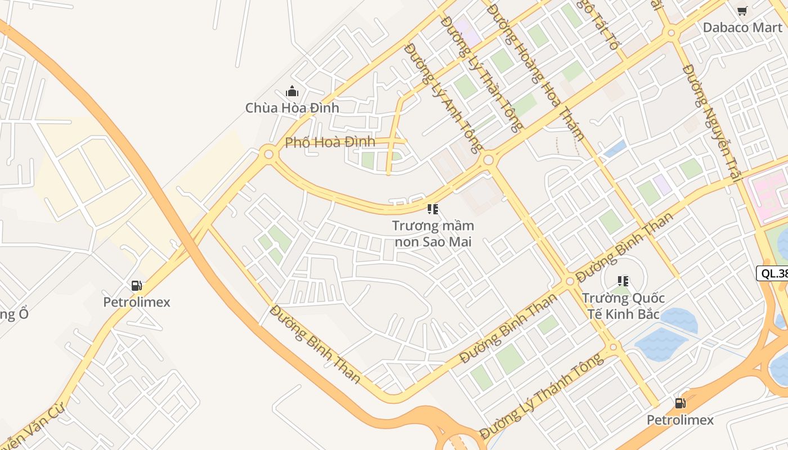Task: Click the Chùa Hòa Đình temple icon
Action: pos(292,91)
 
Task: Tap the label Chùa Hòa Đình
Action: pos(292,107)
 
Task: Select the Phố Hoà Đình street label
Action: pos(330,142)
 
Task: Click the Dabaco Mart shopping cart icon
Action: pos(742,11)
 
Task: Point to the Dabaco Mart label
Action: pos(742,27)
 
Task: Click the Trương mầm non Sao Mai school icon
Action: pos(433,210)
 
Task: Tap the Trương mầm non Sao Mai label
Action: pos(433,233)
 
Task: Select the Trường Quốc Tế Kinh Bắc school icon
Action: pos(623,281)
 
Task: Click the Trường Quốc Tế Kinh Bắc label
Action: pos(623,305)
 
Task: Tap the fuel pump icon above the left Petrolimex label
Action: pos(136,286)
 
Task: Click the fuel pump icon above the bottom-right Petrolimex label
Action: pos(680,403)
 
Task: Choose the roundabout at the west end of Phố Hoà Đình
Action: pos(269,153)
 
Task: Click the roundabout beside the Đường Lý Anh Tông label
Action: pos(489,160)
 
